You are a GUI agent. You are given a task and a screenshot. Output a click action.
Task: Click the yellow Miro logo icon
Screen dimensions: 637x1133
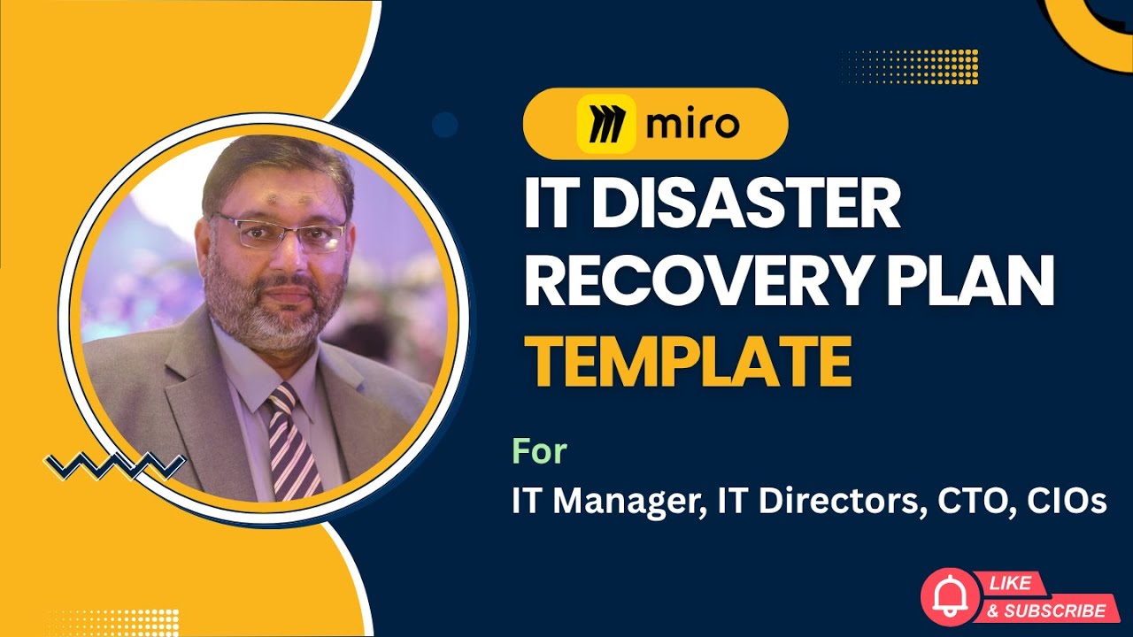[605, 124]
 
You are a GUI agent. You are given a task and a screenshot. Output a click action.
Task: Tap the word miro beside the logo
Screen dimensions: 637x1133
[692, 125]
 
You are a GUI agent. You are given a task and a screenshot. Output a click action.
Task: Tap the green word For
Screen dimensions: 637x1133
[539, 451]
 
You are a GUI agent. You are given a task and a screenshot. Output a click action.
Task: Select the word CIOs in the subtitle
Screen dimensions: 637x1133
[1068, 502]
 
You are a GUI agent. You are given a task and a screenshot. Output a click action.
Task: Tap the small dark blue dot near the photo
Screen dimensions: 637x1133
[445, 125]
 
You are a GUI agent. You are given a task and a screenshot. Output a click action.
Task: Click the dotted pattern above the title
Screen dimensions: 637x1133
[909, 67]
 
